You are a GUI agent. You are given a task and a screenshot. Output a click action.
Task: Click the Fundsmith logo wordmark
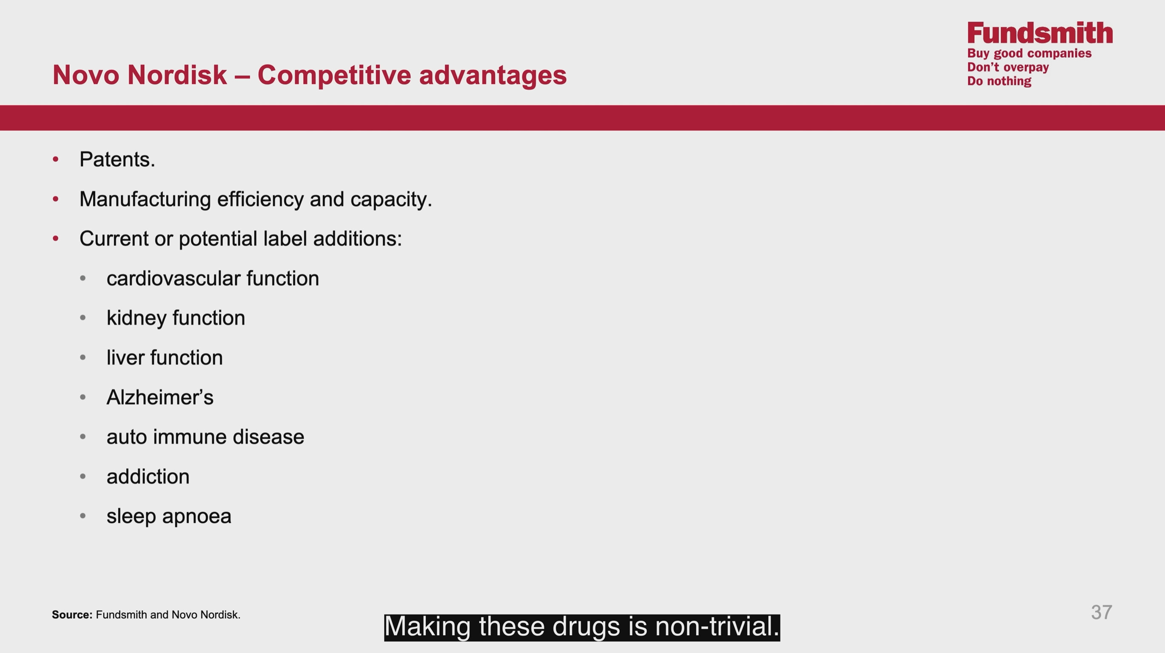(1040, 33)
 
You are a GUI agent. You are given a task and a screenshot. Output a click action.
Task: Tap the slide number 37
(1101, 612)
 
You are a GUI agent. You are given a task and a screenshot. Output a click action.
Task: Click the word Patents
(117, 159)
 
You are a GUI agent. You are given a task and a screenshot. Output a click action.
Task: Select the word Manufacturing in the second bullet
(145, 199)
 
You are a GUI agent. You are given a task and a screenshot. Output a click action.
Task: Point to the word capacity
(391, 200)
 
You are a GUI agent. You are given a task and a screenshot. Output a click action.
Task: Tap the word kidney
(137, 318)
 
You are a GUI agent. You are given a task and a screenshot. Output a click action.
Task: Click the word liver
(125, 357)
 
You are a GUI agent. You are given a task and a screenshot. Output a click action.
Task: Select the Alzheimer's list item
(160, 397)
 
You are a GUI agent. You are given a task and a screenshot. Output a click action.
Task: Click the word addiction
(148, 476)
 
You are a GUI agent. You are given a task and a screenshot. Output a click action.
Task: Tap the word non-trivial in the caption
(717, 627)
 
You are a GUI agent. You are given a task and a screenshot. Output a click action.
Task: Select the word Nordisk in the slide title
(177, 74)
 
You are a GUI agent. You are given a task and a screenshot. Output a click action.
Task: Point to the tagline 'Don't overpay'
(1008, 67)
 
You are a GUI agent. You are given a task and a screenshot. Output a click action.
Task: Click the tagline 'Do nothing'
(999, 81)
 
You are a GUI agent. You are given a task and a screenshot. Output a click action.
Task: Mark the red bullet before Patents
(56, 159)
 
